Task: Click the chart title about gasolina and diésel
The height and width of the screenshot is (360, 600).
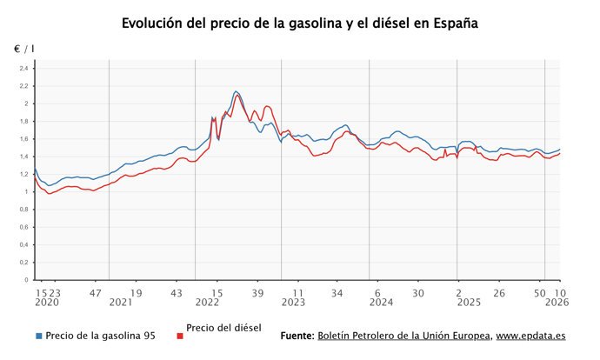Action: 299,23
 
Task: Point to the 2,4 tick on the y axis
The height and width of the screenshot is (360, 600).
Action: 24,69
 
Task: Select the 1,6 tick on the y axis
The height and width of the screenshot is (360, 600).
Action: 24,139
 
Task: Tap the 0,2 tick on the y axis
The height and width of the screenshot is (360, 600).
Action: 24,263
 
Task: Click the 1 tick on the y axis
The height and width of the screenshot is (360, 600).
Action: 27,192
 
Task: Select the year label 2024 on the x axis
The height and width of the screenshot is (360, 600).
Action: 381,303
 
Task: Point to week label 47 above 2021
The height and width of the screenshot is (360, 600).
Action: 97,293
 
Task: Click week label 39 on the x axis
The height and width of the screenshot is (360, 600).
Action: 257,293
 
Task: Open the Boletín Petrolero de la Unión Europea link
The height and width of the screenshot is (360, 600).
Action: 404,336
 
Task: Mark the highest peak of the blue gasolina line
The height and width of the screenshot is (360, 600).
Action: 236,91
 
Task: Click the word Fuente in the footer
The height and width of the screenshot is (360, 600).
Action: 297,336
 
